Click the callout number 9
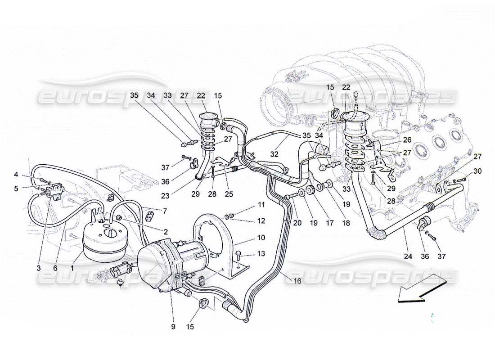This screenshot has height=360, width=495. (x=173, y=327)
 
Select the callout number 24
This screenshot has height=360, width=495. (x=408, y=256)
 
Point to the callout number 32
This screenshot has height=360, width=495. (x=274, y=155)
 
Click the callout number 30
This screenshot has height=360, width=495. (x=477, y=171)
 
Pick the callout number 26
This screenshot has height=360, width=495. (x=407, y=139)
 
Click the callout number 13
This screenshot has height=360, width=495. (x=261, y=254)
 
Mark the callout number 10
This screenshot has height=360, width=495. (x=261, y=238)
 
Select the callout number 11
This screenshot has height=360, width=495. (x=261, y=205)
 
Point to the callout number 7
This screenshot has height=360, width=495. (x=165, y=211)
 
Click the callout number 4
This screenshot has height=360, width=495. (x=16, y=174)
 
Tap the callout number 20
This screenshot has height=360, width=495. (x=297, y=223)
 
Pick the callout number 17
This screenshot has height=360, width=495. (x=329, y=223)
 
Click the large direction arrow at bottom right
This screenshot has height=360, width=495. (x=422, y=288)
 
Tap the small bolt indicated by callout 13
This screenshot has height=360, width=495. (x=238, y=255)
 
